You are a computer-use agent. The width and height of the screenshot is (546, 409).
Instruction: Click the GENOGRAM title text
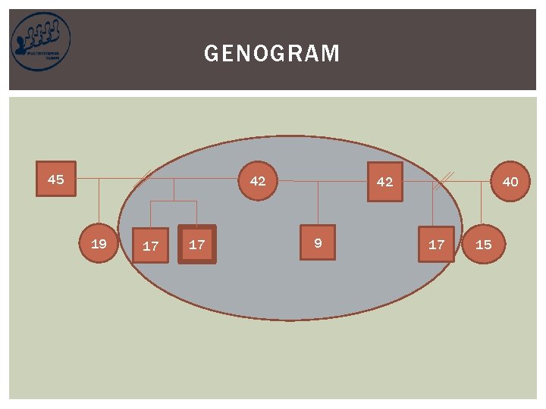272,54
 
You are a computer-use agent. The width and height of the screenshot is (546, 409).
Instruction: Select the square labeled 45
56,180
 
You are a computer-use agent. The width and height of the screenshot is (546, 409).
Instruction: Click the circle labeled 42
258,181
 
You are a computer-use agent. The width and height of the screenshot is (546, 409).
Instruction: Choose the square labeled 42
385,182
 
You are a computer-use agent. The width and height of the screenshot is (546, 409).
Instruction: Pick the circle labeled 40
510,182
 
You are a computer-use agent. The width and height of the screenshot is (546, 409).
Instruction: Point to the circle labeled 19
99,244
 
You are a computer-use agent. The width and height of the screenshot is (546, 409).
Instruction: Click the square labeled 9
318,243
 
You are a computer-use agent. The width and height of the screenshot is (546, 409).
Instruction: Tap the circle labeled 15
483,244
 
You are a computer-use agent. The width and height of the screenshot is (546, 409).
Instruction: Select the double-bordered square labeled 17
197,245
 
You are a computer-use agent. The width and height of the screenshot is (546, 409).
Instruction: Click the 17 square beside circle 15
437,244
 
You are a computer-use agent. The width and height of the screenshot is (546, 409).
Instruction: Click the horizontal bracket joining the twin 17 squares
174,201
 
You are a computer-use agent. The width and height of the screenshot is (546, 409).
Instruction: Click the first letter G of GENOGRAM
211,54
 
